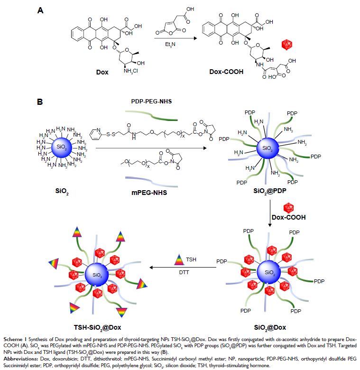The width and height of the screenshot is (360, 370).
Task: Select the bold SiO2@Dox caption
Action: (x=270, y=327)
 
